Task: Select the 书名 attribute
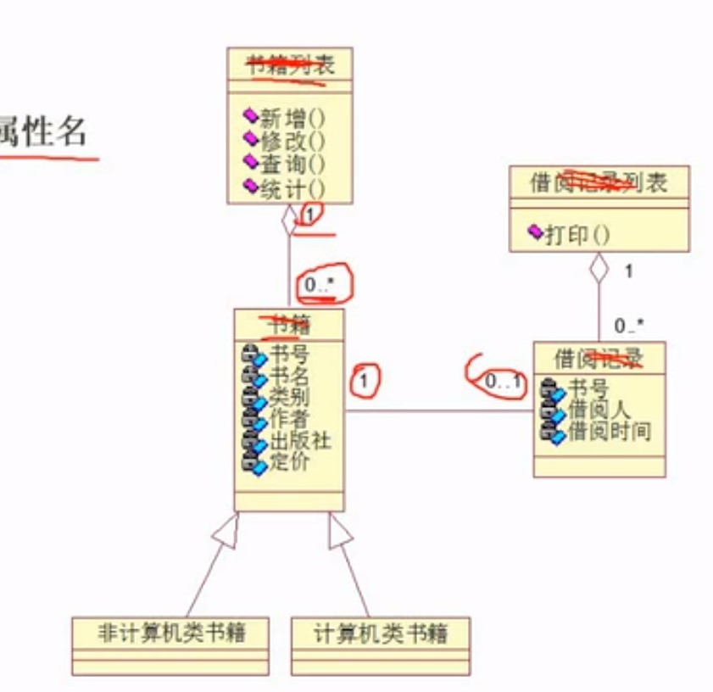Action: pyautogui.click(x=289, y=376)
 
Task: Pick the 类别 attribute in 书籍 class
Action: pyautogui.click(x=289, y=397)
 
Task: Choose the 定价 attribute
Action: pyautogui.click(x=289, y=462)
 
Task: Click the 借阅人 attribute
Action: pyautogui.click(x=599, y=410)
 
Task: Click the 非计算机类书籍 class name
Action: pyautogui.click(x=170, y=633)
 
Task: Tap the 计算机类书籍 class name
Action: pyautogui.click(x=380, y=633)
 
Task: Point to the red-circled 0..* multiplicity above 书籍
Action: pyautogui.click(x=320, y=286)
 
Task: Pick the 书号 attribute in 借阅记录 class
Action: pyautogui.click(x=588, y=389)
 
